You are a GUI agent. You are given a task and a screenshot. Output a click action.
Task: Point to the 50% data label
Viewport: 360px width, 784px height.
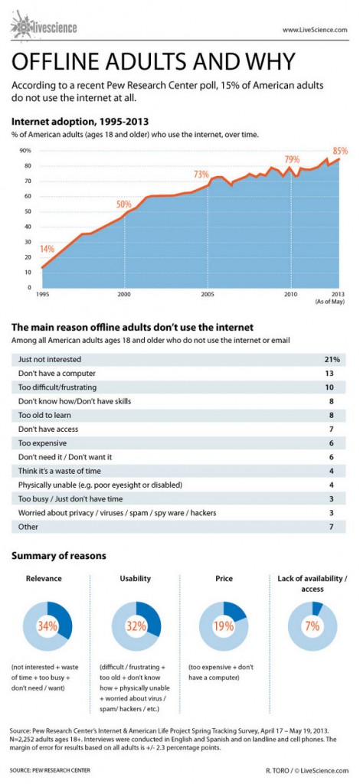tap(124, 204)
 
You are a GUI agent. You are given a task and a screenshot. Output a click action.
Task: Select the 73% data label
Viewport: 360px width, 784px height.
tap(201, 174)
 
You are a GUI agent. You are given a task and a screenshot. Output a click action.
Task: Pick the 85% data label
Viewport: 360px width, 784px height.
tap(340, 150)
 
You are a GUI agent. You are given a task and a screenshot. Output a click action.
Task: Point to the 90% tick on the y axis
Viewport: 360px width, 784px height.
tap(25, 151)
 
